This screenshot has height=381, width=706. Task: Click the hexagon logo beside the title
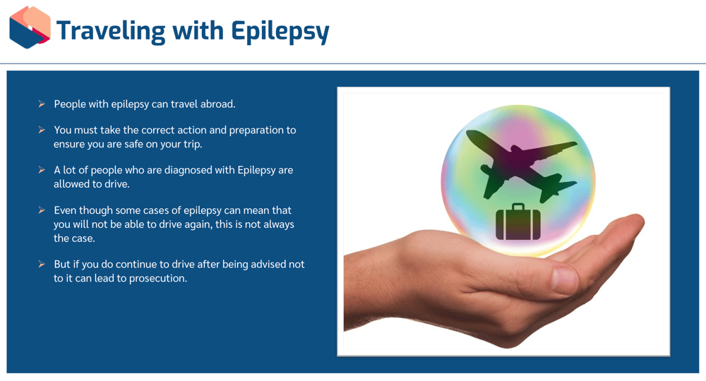coord(30,28)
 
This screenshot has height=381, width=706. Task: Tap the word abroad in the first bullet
coord(217,104)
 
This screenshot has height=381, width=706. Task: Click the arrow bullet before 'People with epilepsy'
coord(42,104)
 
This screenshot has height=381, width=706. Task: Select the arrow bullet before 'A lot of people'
coord(42,170)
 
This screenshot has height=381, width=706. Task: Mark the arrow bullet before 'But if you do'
coord(42,264)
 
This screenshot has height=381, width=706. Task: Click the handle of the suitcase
coord(517,207)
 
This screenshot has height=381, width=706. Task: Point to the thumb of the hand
coord(558,279)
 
